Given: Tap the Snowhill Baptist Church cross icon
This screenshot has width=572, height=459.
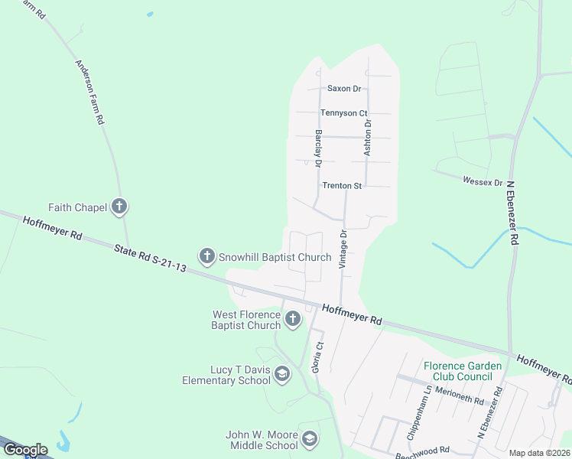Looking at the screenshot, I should (x=206, y=257).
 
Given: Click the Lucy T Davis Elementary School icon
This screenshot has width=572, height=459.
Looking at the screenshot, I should (x=282, y=374).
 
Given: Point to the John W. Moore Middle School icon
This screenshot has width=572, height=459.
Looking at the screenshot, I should (x=310, y=439).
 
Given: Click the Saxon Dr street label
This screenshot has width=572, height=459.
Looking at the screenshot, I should (x=343, y=89).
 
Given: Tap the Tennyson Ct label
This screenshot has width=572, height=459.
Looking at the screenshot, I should (x=343, y=113).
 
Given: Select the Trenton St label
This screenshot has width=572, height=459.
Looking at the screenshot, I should (x=341, y=186).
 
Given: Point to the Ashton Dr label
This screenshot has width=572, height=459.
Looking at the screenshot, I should (x=368, y=138).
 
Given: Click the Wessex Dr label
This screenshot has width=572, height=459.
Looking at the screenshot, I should (x=483, y=182).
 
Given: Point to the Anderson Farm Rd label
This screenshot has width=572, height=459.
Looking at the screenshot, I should (x=89, y=93).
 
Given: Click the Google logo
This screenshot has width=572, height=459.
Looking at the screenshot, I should (x=24, y=450).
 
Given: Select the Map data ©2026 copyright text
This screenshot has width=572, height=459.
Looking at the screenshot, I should (x=539, y=453).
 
